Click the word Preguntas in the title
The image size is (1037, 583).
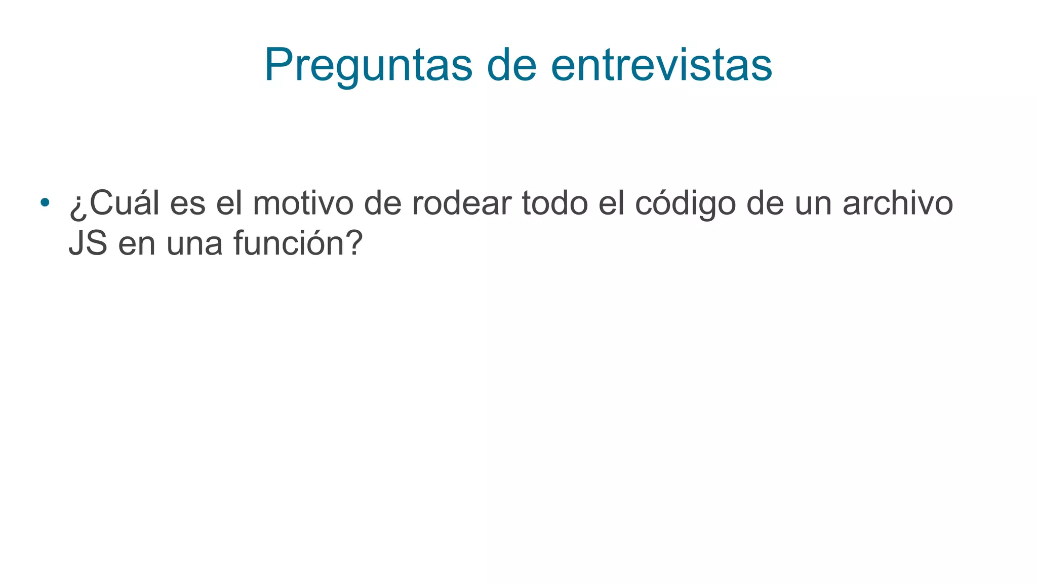pyautogui.click(x=368, y=65)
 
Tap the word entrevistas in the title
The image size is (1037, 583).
pyautogui.click(x=661, y=65)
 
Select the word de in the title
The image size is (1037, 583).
pyautogui.click(x=511, y=65)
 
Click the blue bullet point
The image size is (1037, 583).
pyautogui.click(x=45, y=202)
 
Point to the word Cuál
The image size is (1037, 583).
pyautogui.click(x=124, y=203)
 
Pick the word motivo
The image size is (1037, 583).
pyautogui.click(x=303, y=203)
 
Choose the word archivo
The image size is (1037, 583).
pyautogui.click(x=898, y=203)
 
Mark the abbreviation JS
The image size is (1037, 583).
pyautogui.click(x=88, y=243)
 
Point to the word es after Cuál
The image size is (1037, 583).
pyautogui.click(x=187, y=203)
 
